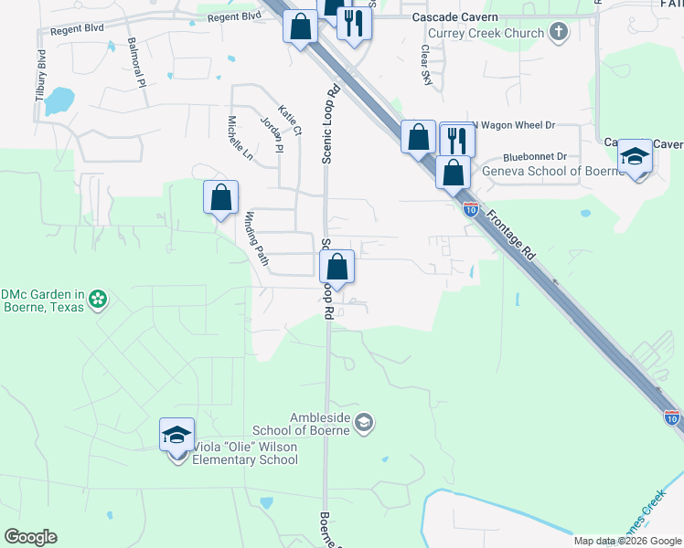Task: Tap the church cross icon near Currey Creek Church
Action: click(x=559, y=33)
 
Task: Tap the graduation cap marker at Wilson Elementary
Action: click(x=176, y=435)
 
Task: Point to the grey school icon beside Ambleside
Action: click(x=364, y=421)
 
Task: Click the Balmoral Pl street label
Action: click(x=136, y=62)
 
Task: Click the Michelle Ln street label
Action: click(x=240, y=138)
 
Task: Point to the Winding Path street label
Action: click(x=256, y=238)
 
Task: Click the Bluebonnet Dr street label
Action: click(x=535, y=156)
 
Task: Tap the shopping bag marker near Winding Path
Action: click(x=220, y=197)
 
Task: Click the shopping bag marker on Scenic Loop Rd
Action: click(x=337, y=268)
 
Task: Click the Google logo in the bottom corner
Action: click(x=30, y=537)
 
